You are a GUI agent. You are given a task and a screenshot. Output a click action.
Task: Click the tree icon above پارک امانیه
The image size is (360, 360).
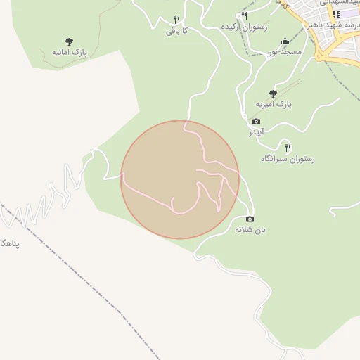coord(69,41)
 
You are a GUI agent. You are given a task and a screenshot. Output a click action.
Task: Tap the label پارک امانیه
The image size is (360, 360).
coord(69,53)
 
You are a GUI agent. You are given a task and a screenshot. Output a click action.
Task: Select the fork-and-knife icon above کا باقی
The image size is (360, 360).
coord(177,20)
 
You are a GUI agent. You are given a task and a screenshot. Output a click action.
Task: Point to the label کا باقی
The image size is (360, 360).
coord(176,31)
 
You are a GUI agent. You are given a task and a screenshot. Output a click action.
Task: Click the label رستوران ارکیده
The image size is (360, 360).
coord(245,27)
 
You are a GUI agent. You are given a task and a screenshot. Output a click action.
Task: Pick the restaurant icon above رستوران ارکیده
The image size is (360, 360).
coord(245,15)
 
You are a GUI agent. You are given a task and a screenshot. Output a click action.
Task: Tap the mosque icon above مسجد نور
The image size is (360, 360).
coord(284,41)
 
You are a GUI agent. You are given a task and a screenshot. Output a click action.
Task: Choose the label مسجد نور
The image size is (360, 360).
coord(284,52)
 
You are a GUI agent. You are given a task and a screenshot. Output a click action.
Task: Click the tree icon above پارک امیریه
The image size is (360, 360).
coord(273,93)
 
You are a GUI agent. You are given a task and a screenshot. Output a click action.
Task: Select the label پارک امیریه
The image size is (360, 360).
coord(273,104)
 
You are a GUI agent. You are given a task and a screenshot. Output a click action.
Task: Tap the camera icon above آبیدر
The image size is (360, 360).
coord(256,121)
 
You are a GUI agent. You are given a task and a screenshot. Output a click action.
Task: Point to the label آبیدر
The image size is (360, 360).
coord(255,132)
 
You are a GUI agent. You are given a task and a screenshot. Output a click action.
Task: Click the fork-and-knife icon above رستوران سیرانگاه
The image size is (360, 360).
coord(288,147)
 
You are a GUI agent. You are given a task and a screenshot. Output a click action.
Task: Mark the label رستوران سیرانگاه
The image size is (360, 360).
coord(288,159)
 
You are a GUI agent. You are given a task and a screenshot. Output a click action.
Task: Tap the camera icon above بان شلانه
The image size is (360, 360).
coord(249,219)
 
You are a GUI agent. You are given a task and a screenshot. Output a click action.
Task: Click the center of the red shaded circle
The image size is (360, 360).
coord(180,179)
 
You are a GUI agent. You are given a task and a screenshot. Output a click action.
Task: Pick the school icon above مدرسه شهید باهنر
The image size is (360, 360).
coord(337,13)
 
